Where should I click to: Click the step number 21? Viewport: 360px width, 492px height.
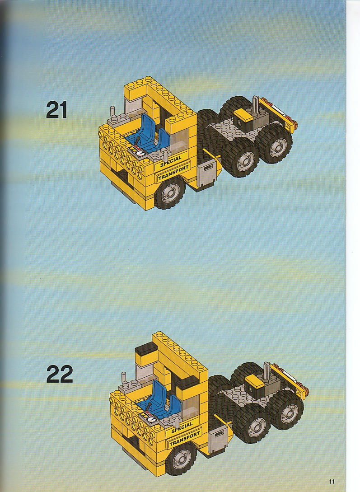pyautogui.click(x=57, y=109)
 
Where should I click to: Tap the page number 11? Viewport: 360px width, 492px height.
pyautogui.click(x=332, y=481)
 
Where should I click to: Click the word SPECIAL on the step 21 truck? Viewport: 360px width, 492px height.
pyautogui.click(x=171, y=161)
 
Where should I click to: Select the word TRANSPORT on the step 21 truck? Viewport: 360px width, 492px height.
pyautogui.click(x=173, y=173)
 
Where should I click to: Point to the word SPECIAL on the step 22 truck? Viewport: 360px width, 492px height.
pyautogui.click(x=182, y=427)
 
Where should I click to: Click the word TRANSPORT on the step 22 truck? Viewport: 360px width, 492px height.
pyautogui.click(x=185, y=439)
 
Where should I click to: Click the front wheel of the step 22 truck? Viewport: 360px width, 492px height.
pyautogui.click(x=181, y=459)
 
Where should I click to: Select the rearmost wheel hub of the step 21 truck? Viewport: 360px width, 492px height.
pyautogui.click(x=278, y=147)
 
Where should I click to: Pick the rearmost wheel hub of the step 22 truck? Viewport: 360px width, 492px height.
pyautogui.click(x=289, y=413)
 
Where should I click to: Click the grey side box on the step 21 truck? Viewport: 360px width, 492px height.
pyautogui.click(x=207, y=174)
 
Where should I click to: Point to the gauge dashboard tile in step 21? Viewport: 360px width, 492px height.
pyautogui.click(x=137, y=151)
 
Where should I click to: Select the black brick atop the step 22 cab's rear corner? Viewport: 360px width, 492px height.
pyautogui.click(x=146, y=349)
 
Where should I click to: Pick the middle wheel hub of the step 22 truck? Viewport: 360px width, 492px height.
pyautogui.click(x=257, y=427)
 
